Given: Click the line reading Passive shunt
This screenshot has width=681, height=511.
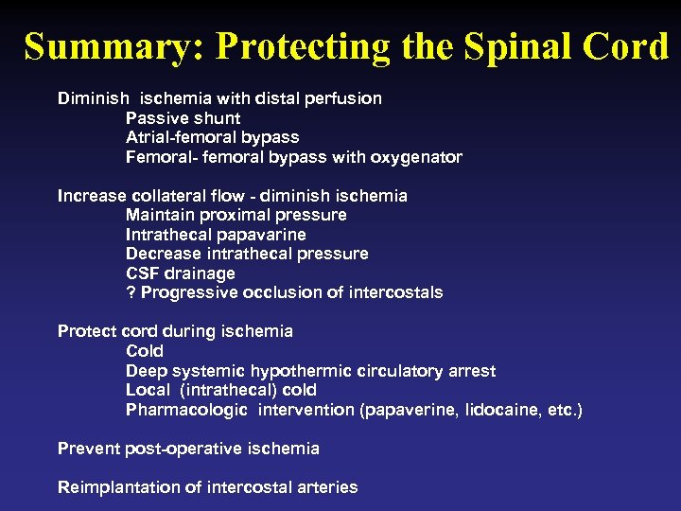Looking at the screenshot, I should pyautogui.click(x=183, y=118).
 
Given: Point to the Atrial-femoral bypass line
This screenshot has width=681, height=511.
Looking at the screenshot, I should pyautogui.click(x=212, y=137).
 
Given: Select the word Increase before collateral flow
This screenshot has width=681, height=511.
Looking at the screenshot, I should pyautogui.click(x=92, y=196).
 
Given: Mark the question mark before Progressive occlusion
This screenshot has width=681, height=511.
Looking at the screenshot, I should pyautogui.click(x=131, y=292).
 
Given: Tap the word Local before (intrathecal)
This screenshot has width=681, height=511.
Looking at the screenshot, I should pyautogui.click(x=147, y=390).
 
